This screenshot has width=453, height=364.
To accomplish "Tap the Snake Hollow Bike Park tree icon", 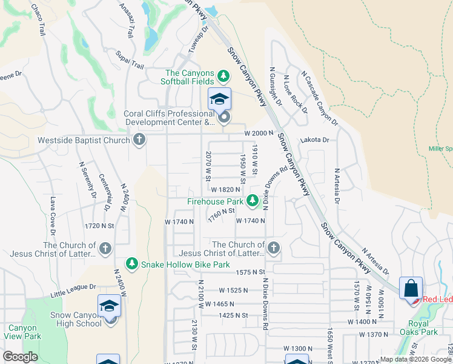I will (x=131, y=264).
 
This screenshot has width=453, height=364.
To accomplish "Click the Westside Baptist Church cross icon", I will (x=139, y=140).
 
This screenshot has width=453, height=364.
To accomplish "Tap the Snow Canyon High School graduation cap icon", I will (x=109, y=306).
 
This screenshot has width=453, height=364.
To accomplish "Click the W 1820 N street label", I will (x=230, y=189).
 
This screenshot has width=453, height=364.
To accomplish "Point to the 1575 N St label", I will (x=251, y=272).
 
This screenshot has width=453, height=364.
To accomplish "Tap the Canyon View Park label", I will (x=21, y=332).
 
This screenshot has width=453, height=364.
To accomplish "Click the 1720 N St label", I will (x=100, y=226).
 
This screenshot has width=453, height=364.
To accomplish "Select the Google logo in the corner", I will (x=21, y=357).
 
